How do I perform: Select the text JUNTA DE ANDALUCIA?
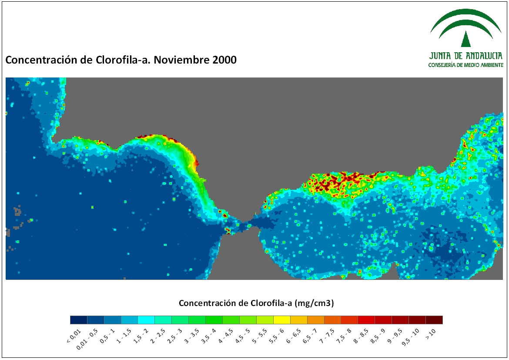[x=466, y=56]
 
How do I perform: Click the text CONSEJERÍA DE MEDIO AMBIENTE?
[x=466, y=65]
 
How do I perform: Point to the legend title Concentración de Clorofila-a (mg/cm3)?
[x=256, y=303]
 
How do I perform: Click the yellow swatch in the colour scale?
[x=282, y=320]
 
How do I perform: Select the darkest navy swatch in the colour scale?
[x=79, y=320]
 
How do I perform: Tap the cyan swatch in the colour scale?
[x=146, y=320]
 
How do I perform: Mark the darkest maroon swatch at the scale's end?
[x=434, y=320]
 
